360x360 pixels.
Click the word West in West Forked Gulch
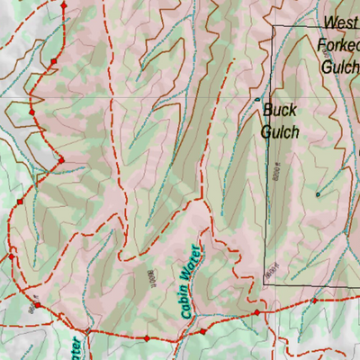click(340, 22)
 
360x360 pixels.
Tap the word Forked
click(338, 43)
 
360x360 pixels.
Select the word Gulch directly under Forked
click(338, 64)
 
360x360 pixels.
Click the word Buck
click(279, 111)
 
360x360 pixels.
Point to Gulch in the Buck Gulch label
click(280, 131)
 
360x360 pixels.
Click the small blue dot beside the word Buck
click(257, 99)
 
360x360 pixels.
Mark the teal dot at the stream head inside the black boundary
click(317, 193)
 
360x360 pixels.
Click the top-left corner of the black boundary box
click(274, 26)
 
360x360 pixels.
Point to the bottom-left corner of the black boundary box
click(264, 283)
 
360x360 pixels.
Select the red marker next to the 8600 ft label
click(38, 305)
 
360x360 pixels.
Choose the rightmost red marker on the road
click(313, 301)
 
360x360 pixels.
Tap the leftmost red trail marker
click(11, 256)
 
